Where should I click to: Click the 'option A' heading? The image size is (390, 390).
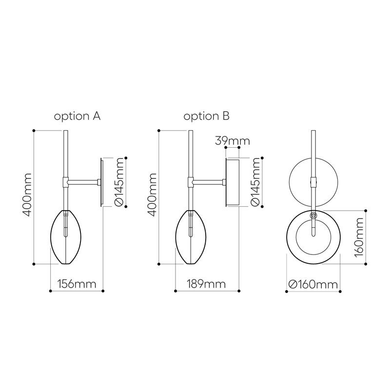[77, 117]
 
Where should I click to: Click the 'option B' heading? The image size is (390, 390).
[206, 117]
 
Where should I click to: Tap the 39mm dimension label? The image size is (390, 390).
[233, 141]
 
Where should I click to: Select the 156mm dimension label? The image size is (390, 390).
[77, 284]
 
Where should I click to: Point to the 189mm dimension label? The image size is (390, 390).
[206, 284]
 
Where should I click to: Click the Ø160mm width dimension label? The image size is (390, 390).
[313, 284]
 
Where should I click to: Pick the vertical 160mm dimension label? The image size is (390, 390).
[358, 237]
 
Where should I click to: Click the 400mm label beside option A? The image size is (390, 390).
[27, 195]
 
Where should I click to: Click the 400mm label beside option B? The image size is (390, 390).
[152, 195]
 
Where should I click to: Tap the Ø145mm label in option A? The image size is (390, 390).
[119, 182]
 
